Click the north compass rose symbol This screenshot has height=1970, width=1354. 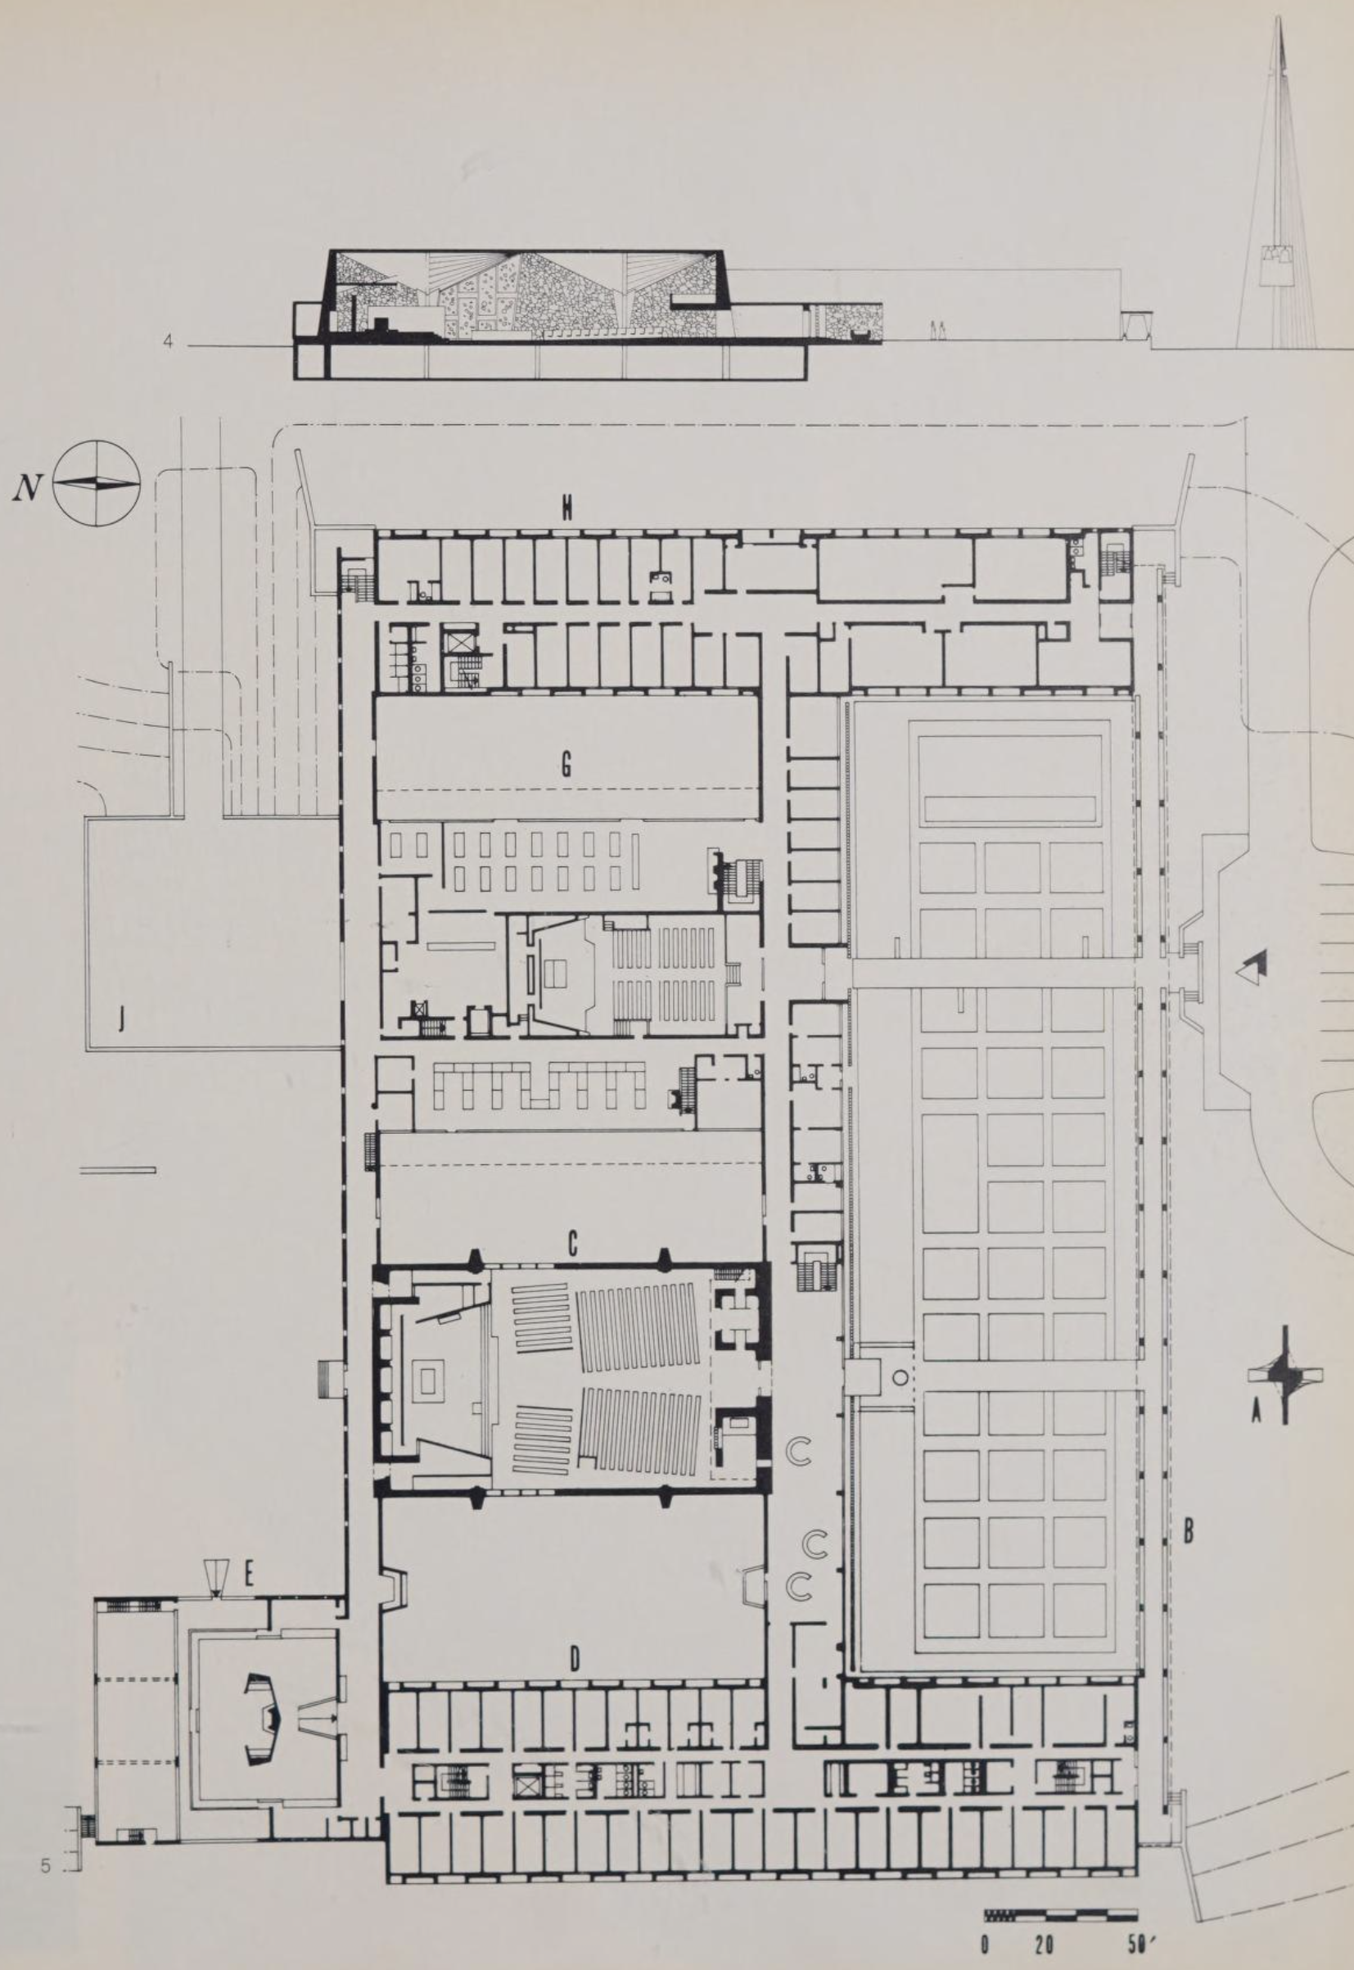[x=97, y=484]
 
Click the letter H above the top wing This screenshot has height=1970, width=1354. [x=566, y=510]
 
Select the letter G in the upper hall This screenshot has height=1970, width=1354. [x=566, y=766]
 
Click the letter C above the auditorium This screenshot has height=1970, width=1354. [x=573, y=1244]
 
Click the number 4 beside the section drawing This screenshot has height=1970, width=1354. [x=168, y=342]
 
